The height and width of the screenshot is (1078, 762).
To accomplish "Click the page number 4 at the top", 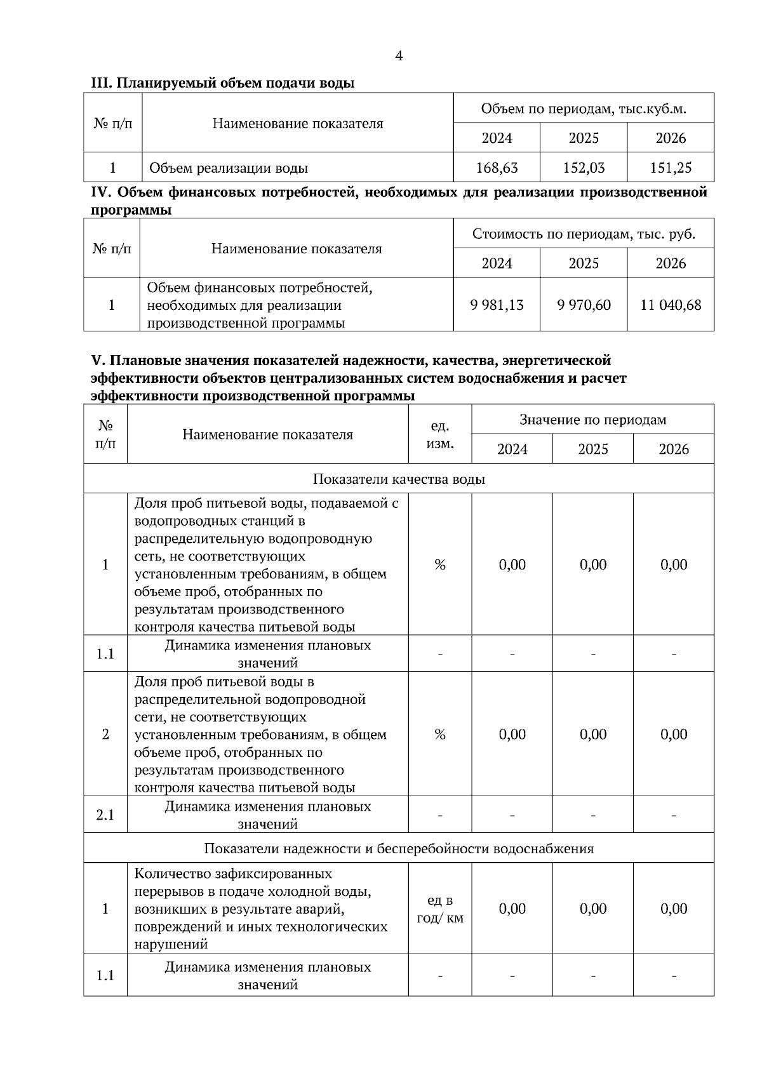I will pyautogui.click(x=399, y=56).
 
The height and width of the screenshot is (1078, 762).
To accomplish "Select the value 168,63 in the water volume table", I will pyautogui.click(x=497, y=168).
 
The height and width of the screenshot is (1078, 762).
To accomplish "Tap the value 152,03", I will pyautogui.click(x=584, y=168).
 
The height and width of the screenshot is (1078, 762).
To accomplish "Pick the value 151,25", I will pyautogui.click(x=671, y=168).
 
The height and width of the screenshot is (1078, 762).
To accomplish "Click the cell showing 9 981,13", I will pyautogui.click(x=497, y=305).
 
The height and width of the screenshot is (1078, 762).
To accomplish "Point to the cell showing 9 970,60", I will pyautogui.click(x=584, y=305).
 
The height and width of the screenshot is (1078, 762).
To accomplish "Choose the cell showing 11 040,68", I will pyautogui.click(x=671, y=305).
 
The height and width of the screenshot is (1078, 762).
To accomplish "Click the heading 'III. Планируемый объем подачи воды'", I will pyautogui.click(x=222, y=83).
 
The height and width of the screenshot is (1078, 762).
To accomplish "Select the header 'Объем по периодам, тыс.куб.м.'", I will pyautogui.click(x=584, y=109).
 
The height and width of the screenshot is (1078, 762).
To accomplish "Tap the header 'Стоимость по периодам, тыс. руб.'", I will pyautogui.click(x=584, y=234).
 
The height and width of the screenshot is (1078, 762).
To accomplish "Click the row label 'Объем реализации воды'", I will pyautogui.click(x=229, y=168).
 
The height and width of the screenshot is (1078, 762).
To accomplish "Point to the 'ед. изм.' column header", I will pyautogui.click(x=439, y=434).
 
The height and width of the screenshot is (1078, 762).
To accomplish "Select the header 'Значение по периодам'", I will pyautogui.click(x=592, y=419).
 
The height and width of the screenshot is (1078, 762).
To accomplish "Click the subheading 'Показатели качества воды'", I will pyautogui.click(x=399, y=479).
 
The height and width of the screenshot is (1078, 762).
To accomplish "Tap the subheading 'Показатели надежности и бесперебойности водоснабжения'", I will pyautogui.click(x=399, y=848).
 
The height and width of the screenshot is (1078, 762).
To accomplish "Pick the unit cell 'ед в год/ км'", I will pyautogui.click(x=439, y=908).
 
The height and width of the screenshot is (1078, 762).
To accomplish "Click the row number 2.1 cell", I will pyautogui.click(x=105, y=815).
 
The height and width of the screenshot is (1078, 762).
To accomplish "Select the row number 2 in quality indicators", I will pyautogui.click(x=105, y=734).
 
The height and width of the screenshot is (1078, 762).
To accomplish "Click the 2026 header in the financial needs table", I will pyautogui.click(x=671, y=263).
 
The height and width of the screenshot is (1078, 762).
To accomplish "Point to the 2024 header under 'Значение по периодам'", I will pyautogui.click(x=512, y=449).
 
